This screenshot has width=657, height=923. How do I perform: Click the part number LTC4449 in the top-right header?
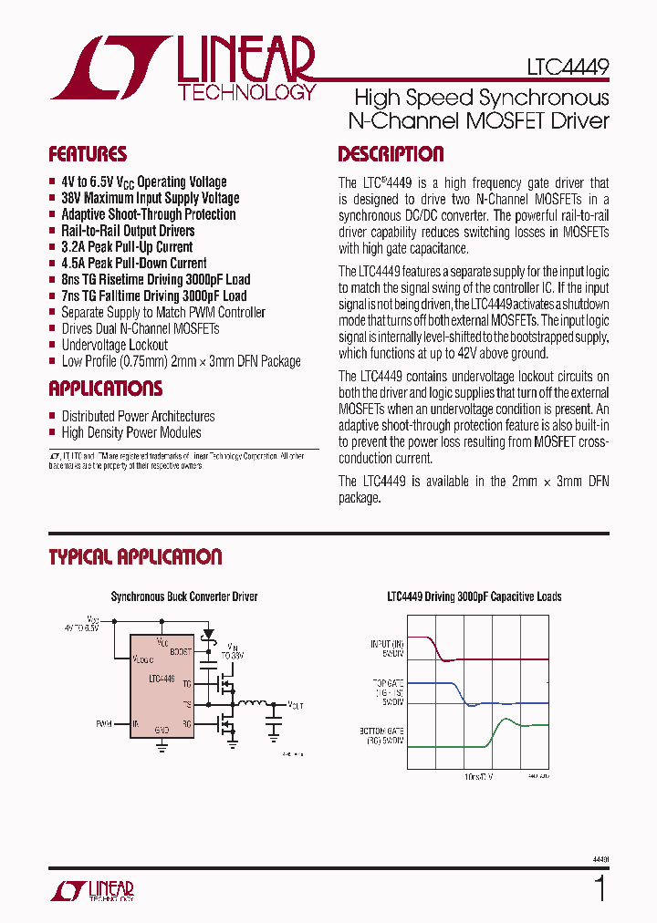567,67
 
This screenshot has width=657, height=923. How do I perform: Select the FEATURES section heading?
88,154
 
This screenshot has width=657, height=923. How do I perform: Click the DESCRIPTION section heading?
391,154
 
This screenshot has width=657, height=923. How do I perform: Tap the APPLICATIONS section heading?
105,389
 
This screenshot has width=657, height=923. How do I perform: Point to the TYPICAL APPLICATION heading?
135,557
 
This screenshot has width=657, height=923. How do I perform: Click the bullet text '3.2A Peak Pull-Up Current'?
127,247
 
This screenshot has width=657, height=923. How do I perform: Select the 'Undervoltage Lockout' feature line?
115,345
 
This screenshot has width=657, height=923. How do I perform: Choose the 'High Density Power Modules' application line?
131,432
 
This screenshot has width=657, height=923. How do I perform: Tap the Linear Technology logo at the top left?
182,68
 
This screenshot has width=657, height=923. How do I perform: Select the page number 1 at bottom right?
600,888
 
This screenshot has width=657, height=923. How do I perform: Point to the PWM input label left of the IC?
103,723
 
